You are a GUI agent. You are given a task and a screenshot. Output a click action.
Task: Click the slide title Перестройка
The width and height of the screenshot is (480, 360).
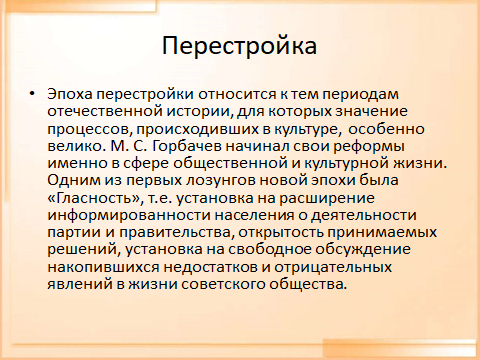click(x=239, y=46)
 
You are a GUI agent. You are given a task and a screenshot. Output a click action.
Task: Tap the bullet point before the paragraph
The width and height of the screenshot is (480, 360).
click(x=37, y=93)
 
